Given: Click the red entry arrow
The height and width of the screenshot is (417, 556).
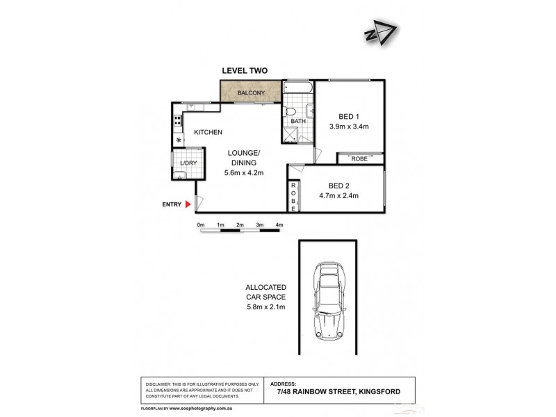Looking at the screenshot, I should tap(187, 204).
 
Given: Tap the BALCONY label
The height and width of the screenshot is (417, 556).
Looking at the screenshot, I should tap(250, 92).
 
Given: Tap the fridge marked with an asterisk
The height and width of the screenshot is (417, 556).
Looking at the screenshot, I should tap(179, 140).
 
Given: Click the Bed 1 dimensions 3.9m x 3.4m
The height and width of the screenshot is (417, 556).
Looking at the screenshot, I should tap(348, 126).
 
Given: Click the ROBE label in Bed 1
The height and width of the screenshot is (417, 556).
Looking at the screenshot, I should tap(360, 158).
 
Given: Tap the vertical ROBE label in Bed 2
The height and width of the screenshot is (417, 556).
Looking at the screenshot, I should tap(293, 196).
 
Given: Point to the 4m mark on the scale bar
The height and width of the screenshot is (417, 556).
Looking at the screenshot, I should tap(279, 225).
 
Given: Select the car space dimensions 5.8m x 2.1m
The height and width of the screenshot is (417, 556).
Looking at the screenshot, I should tap(266, 306).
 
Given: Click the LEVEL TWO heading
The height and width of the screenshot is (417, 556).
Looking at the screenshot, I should tap(244, 70).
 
